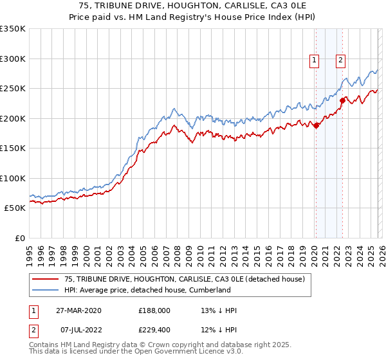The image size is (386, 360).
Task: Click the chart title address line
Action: [193, 6]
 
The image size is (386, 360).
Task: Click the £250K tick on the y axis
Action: [13, 89]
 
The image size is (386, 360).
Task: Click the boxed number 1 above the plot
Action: [315, 61]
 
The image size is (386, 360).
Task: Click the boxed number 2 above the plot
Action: [340, 61]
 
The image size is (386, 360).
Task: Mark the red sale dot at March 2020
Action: [317, 126]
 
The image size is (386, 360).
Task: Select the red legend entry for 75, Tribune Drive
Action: [179, 279]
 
